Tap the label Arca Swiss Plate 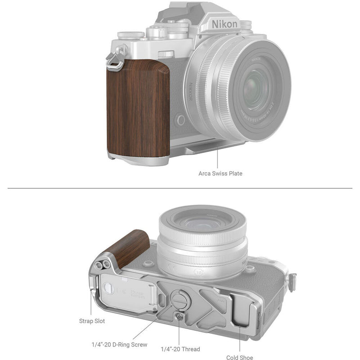220,173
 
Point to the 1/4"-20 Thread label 180,349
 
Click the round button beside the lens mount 180,120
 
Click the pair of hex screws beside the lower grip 104,265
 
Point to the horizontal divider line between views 180,189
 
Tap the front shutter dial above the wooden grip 166,54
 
